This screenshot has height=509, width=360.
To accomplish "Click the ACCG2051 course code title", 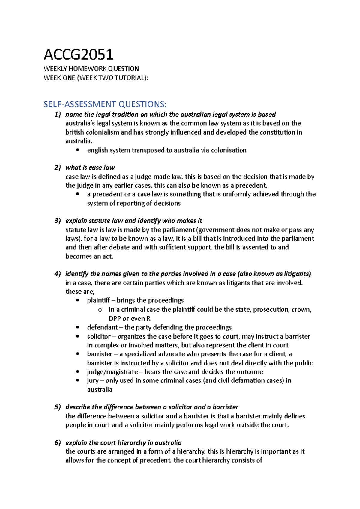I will click(x=79, y=55).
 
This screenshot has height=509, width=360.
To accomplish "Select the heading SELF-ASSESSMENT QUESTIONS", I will click(x=105, y=104).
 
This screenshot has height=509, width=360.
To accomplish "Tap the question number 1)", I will click(x=58, y=115).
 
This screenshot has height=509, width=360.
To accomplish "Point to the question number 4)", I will click(x=58, y=274).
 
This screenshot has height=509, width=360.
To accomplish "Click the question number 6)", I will click(x=58, y=443).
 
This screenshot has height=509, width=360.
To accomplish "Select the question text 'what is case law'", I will click(x=90, y=168).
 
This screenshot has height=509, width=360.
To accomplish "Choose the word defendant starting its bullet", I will click(x=102, y=327).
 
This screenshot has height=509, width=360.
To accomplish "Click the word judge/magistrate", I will click(x=112, y=372).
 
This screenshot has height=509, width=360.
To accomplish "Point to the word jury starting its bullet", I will click(x=93, y=381).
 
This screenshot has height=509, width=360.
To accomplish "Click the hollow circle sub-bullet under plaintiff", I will click(x=100, y=310).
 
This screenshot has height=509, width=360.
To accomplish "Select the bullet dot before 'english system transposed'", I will click(x=78, y=150).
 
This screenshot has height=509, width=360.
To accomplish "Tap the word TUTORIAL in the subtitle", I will click(x=130, y=78).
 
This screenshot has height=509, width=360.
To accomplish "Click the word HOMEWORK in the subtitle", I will click(x=87, y=69).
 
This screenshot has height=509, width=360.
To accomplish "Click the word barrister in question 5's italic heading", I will click(x=225, y=407).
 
